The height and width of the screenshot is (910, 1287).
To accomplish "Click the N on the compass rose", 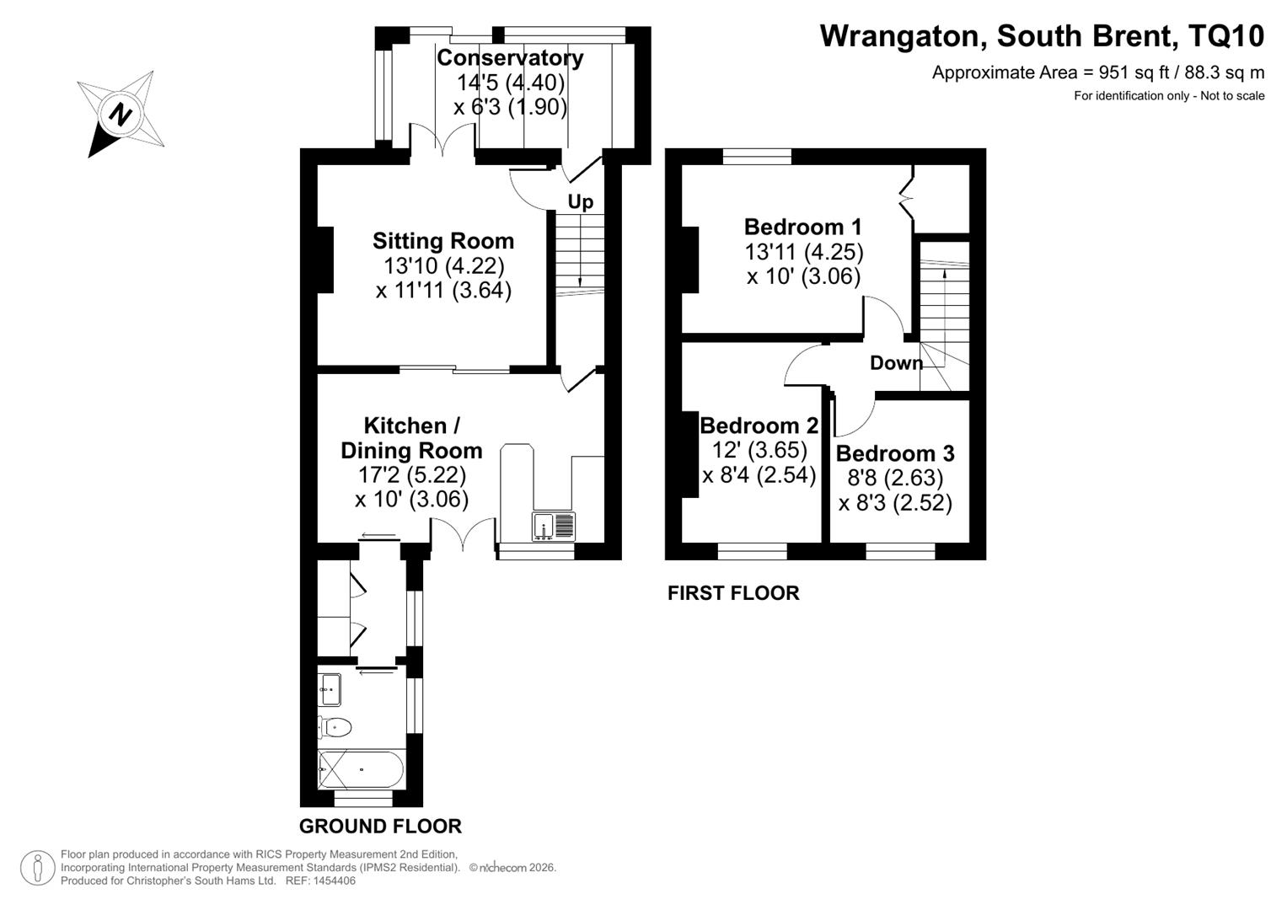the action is (120, 114).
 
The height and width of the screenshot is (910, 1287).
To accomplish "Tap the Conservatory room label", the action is (510, 58).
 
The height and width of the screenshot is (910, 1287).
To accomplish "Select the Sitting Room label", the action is (443, 241).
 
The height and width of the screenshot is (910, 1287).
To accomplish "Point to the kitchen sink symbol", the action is (554, 526).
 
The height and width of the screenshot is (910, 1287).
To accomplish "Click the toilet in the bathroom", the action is (335, 727).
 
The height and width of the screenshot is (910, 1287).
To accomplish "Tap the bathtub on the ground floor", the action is (362, 769).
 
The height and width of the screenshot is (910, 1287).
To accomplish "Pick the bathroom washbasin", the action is (330, 689).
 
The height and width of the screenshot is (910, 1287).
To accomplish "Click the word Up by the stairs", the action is (581, 202).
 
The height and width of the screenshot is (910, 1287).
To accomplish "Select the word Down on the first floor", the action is (896, 362).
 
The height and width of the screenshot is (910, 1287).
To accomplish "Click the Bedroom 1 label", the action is (802, 227).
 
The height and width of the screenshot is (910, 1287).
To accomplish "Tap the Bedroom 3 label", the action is (894, 453).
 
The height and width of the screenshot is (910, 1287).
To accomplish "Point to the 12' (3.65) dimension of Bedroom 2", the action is (759, 450).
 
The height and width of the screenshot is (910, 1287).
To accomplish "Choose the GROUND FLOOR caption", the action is (380, 826).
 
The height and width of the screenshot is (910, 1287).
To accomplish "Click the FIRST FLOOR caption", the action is (733, 593).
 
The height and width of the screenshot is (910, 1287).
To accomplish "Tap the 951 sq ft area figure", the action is (1129, 72).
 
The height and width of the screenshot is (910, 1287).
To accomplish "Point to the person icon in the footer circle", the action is (37, 868).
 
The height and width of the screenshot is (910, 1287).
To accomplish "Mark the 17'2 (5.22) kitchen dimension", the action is (411, 474).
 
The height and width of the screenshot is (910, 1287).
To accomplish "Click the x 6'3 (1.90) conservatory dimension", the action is (510, 107).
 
